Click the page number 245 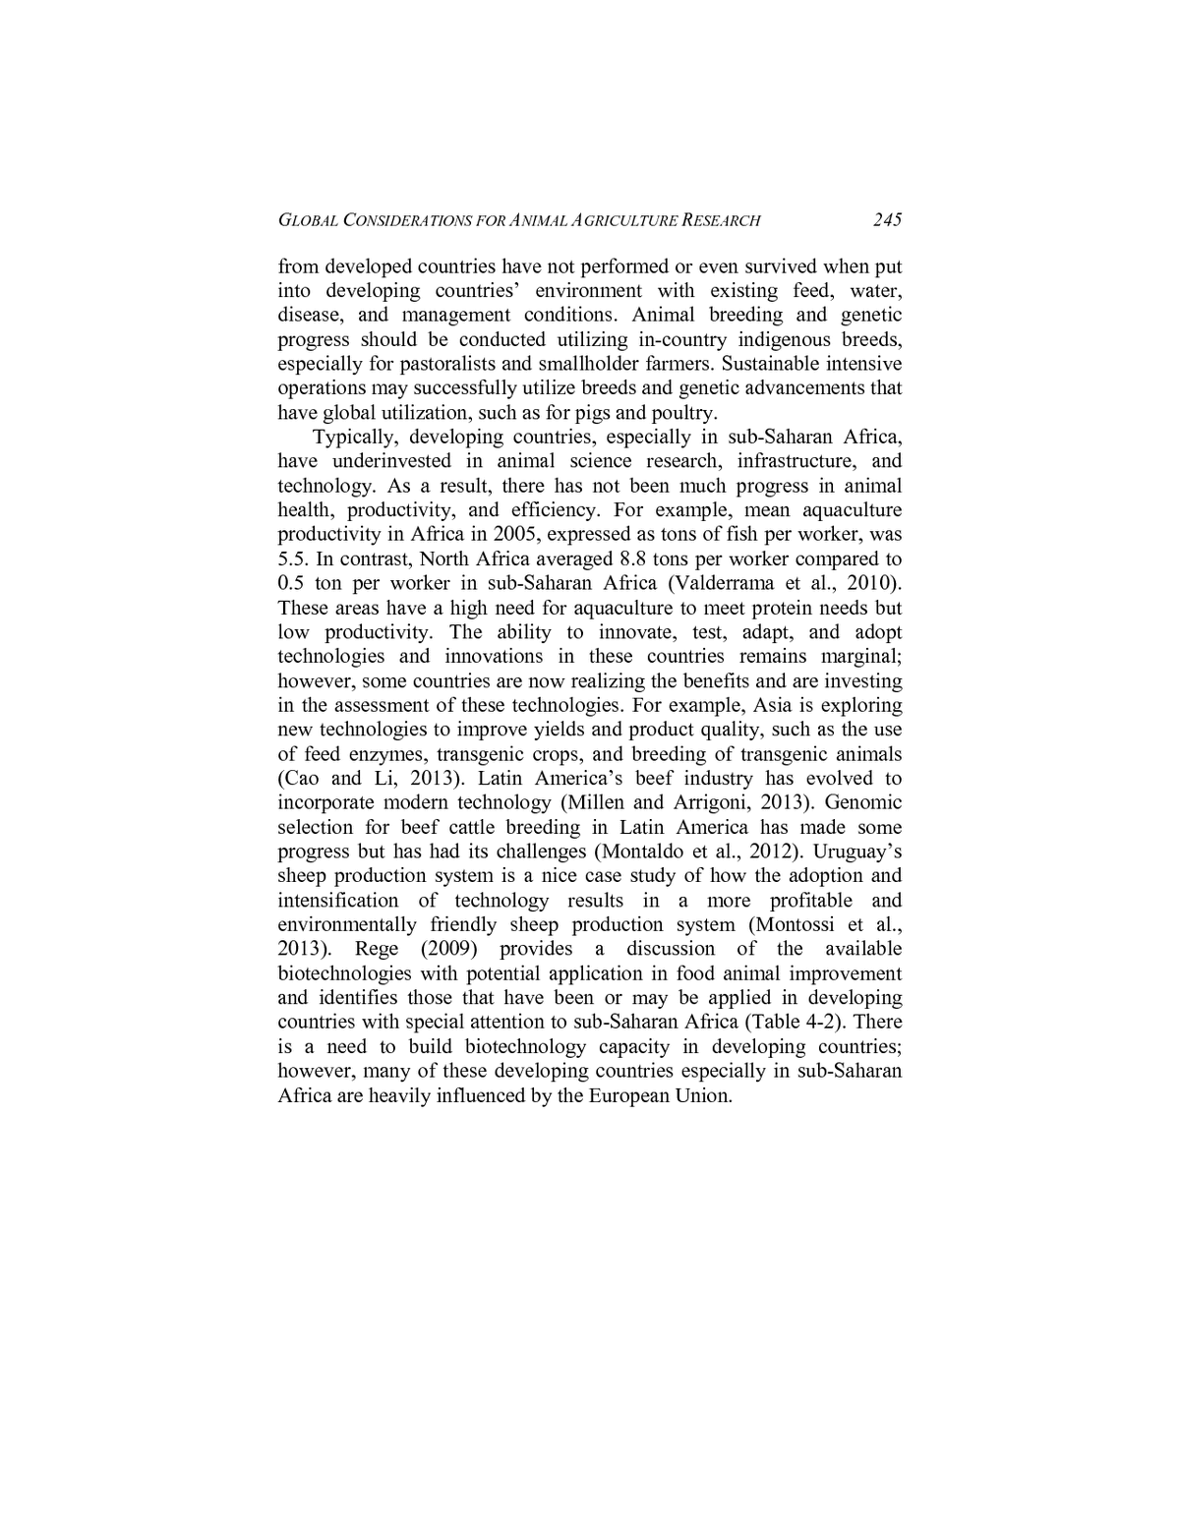(x=887, y=219)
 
